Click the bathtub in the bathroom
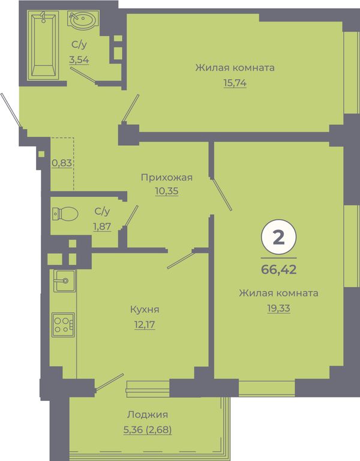point(43,45)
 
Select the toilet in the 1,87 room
point(65,213)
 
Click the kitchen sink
point(64,281)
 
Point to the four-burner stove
point(63,325)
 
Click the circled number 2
point(278,237)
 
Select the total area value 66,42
point(278,270)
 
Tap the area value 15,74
point(235,83)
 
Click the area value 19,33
point(278,309)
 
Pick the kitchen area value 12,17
point(145,325)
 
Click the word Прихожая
point(167,178)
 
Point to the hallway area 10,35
point(167,191)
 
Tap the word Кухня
point(145,310)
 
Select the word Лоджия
point(148,415)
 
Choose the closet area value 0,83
point(62,163)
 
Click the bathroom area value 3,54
point(79,59)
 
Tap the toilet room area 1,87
point(102,226)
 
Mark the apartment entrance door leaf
point(11,110)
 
